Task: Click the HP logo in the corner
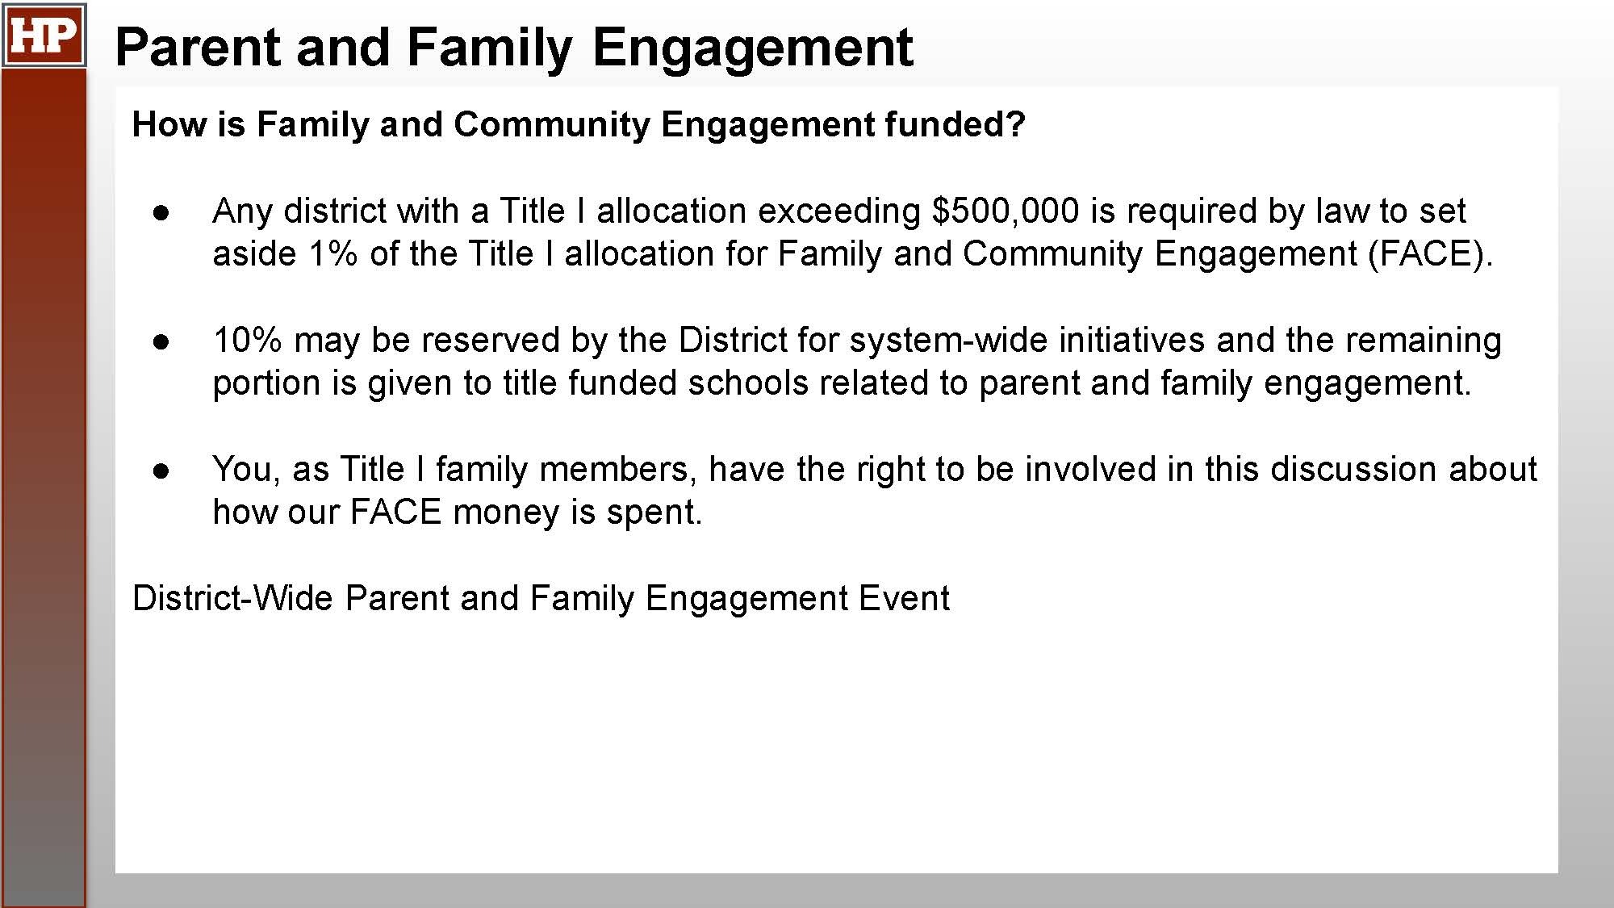(x=44, y=35)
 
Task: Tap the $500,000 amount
(x=1005, y=211)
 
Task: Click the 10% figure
(x=247, y=340)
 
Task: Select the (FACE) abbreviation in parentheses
(x=1430, y=254)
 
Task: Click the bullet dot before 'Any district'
(x=161, y=213)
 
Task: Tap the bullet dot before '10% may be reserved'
(x=161, y=342)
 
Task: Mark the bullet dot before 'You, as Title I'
(x=161, y=471)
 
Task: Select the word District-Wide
(x=232, y=598)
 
